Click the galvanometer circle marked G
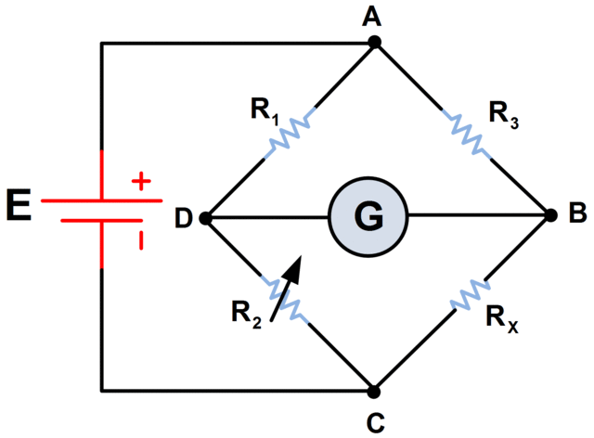pyautogui.click(x=368, y=217)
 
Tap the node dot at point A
pyautogui.click(x=375, y=43)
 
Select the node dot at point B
pyautogui.click(x=549, y=216)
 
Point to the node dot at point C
pyautogui.click(x=375, y=391)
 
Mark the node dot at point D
pyautogui.click(x=204, y=218)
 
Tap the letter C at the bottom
pyautogui.click(x=375, y=422)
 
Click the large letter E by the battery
pyautogui.click(x=19, y=206)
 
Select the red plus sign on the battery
pyautogui.click(x=141, y=181)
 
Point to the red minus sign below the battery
pyautogui.click(x=141, y=241)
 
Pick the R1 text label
pyautogui.click(x=265, y=108)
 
